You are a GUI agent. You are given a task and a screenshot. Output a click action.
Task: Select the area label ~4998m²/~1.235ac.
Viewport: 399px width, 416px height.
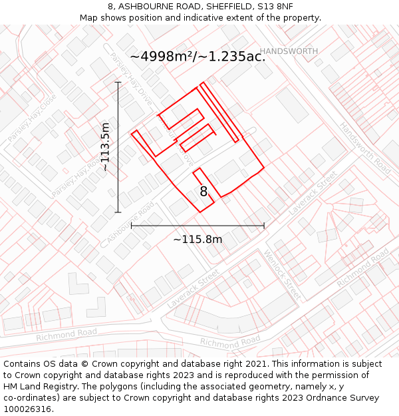(x=198, y=57)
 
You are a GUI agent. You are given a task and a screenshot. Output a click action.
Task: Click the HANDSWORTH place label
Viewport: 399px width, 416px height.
(x=289, y=51)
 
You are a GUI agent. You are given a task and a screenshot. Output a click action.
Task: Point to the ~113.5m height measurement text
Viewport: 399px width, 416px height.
(x=105, y=147)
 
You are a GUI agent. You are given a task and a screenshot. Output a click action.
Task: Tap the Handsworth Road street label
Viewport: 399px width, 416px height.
(x=365, y=148)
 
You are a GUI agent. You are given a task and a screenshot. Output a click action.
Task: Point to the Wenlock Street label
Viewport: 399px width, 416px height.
(x=283, y=274)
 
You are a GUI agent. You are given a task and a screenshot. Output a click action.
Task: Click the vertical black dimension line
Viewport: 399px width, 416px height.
(x=118, y=147)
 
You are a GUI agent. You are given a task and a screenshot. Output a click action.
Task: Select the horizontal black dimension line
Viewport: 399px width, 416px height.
(x=198, y=226)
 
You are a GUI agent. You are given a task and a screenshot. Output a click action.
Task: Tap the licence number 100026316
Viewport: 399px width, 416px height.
(x=29, y=409)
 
